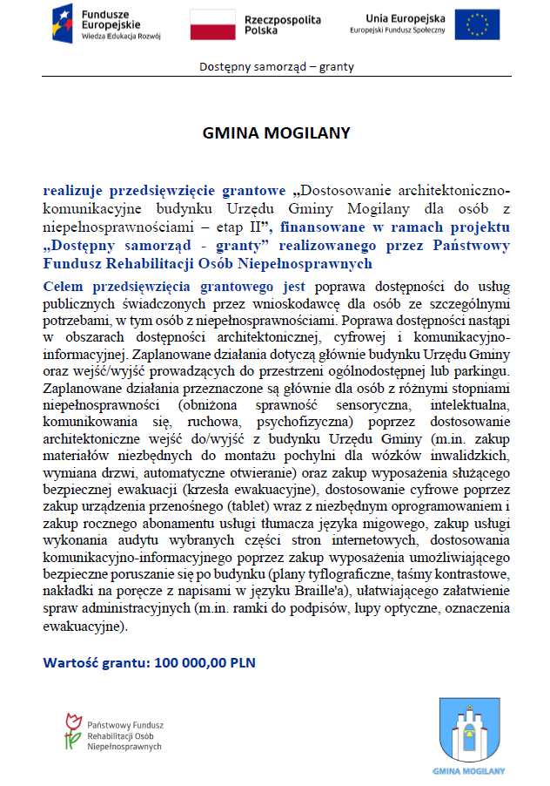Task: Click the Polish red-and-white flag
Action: (x=212, y=24)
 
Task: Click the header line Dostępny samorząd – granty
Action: (x=277, y=66)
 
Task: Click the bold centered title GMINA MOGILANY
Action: (x=276, y=133)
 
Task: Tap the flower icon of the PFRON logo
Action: (x=72, y=730)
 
